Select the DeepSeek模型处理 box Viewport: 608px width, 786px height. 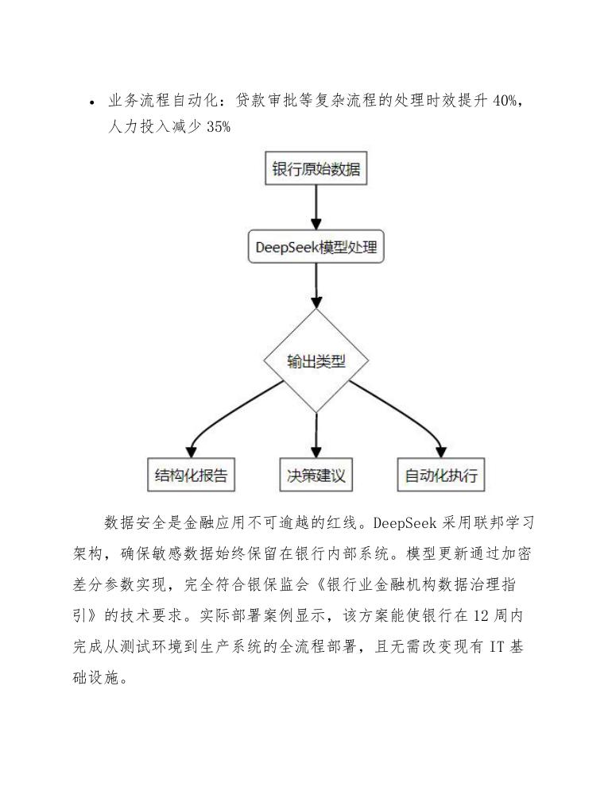tap(316, 248)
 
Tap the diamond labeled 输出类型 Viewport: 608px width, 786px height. tap(316, 361)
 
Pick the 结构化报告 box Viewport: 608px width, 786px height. tap(192, 475)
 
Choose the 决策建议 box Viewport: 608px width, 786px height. tap(316, 475)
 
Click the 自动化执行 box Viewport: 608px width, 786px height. tap(441, 475)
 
